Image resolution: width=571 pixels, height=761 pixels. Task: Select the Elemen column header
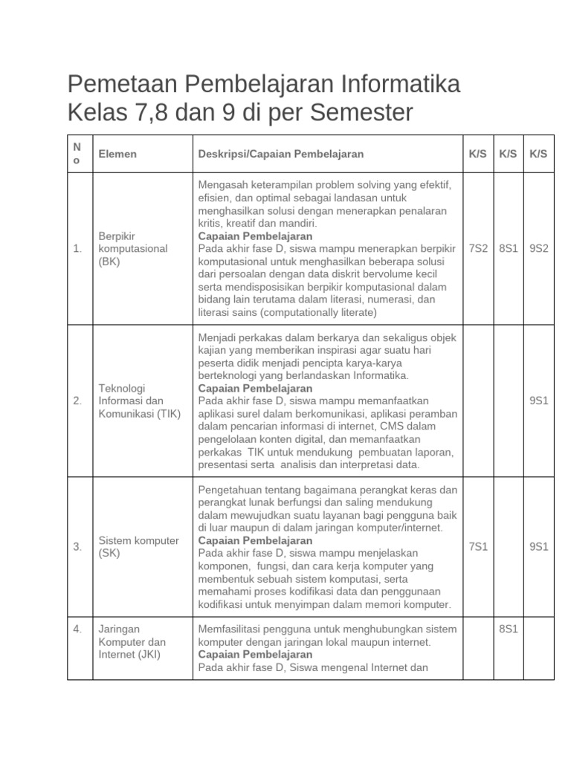(x=117, y=154)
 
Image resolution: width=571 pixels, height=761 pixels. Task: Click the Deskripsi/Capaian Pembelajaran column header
(x=281, y=154)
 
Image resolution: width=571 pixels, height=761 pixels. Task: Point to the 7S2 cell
(x=478, y=248)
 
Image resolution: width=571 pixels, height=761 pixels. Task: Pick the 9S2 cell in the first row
(x=538, y=248)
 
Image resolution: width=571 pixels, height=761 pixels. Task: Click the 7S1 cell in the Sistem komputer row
(x=478, y=547)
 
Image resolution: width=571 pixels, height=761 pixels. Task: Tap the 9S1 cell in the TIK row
(x=538, y=401)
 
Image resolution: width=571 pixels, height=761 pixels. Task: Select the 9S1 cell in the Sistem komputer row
(x=538, y=547)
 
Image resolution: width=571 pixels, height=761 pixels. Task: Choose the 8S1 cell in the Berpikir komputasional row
(x=508, y=248)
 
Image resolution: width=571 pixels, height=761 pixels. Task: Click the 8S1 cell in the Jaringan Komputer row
(x=508, y=629)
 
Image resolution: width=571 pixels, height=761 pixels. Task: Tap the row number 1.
(x=77, y=248)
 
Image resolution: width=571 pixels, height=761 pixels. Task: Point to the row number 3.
(x=77, y=547)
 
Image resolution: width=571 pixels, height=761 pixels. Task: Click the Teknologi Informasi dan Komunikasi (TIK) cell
(x=139, y=401)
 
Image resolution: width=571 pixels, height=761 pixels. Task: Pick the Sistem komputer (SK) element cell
(x=138, y=547)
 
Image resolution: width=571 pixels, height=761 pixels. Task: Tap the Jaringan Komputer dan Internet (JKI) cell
(x=132, y=642)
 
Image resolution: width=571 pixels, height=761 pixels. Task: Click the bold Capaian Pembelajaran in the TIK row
(x=255, y=389)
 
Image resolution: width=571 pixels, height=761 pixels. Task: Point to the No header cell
(x=77, y=154)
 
